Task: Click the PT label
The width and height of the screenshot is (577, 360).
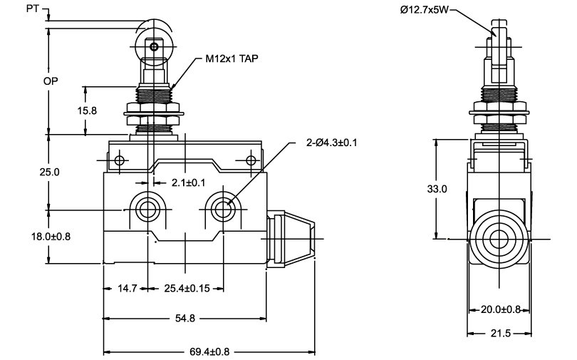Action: pyautogui.click(x=32, y=9)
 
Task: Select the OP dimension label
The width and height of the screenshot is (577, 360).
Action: pyautogui.click(x=51, y=81)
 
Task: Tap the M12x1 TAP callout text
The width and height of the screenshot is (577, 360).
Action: pyautogui.click(x=232, y=58)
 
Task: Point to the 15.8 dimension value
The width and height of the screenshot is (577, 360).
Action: pyautogui.click(x=87, y=110)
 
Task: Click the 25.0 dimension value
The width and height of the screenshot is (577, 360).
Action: pyautogui.click(x=50, y=172)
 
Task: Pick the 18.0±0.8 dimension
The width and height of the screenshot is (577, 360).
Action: pyautogui.click(x=51, y=237)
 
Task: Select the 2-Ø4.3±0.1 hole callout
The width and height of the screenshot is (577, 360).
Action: pyautogui.click(x=331, y=143)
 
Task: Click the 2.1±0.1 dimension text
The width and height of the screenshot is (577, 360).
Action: pyautogui.click(x=188, y=182)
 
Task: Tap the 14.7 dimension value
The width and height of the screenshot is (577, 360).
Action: pyautogui.click(x=128, y=288)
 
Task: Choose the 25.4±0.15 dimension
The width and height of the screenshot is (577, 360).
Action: pyautogui.click(x=187, y=288)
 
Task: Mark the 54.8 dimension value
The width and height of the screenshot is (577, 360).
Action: pyautogui.click(x=185, y=318)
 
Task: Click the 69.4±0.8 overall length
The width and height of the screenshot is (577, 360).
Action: pyautogui.click(x=209, y=352)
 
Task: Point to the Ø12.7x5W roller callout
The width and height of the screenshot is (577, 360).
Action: pyautogui.click(x=425, y=10)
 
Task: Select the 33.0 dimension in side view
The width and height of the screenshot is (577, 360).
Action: pyautogui.click(x=437, y=189)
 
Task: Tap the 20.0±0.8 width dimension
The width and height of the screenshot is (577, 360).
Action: pyautogui.click(x=501, y=309)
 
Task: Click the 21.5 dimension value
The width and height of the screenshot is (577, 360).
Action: pyautogui.click(x=501, y=333)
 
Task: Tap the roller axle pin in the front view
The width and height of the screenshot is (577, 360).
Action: pyautogui.click(x=154, y=47)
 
